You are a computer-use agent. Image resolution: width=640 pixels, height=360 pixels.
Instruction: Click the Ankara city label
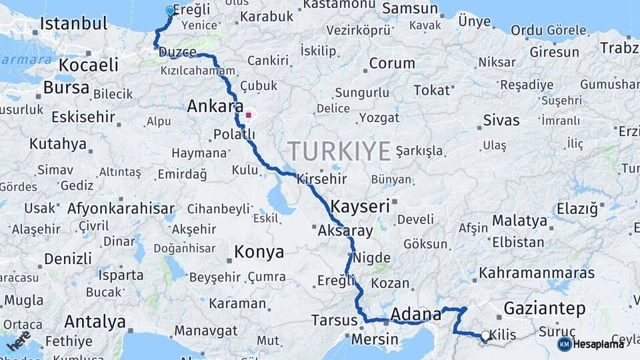pyautogui.click(x=215, y=107)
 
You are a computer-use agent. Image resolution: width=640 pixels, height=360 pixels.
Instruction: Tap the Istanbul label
pyautogui.click(x=73, y=24)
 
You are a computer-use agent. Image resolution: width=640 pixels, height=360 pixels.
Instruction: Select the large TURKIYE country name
pyautogui.click(x=339, y=151)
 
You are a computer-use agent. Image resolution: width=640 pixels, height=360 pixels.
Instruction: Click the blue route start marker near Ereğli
pyautogui.click(x=169, y=11)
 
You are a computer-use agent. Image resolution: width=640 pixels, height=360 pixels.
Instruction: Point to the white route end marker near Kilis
pyautogui.click(x=485, y=335)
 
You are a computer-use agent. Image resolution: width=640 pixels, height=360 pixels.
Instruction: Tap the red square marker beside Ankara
pyautogui.click(x=249, y=115)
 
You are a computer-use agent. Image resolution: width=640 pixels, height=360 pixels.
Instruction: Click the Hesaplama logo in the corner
pyautogui.click(x=592, y=343)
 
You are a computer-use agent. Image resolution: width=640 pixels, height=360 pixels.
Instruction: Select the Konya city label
pyautogui.click(x=259, y=253)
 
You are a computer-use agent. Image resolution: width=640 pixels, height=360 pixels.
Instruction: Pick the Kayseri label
pyautogui.click(x=360, y=206)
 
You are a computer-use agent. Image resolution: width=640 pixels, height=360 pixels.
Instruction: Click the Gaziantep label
pyautogui.click(x=545, y=309)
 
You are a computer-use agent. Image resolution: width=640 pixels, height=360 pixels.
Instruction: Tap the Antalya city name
pyautogui.click(x=95, y=322)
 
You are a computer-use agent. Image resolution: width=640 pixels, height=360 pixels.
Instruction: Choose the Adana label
pyautogui.click(x=416, y=313)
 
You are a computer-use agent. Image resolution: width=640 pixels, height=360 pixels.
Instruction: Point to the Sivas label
pyautogui.click(x=501, y=121)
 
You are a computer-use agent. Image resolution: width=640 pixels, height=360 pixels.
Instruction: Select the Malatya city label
pyautogui.click(x=519, y=220)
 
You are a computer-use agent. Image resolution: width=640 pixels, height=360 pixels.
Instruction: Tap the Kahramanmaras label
pyautogui.click(x=536, y=273)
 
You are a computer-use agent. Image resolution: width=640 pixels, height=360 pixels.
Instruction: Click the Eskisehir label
pyautogui.click(x=83, y=117)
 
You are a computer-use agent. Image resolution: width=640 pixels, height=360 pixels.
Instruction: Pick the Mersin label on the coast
pyautogui.click(x=374, y=339)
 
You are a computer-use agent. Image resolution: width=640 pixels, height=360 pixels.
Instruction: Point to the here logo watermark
pyautogui.click(x=19, y=340)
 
